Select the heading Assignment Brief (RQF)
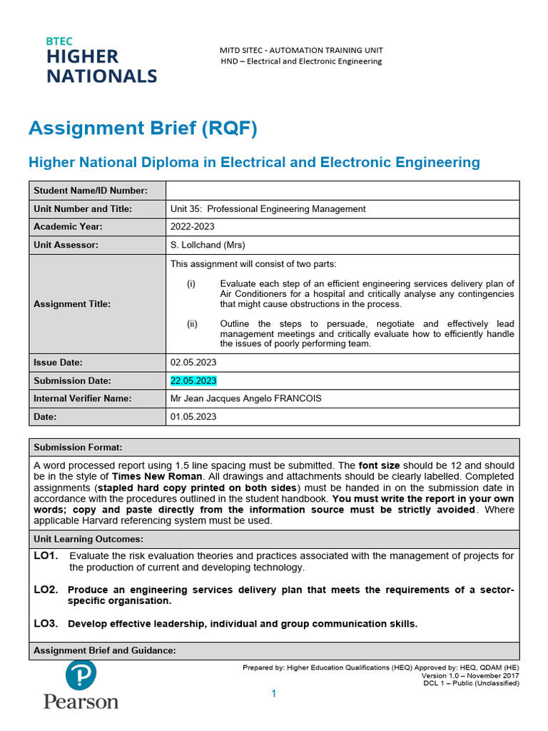pos(143,129)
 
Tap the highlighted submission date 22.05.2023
pos(193,380)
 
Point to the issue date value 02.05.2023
pos(193,363)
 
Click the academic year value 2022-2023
pos(193,227)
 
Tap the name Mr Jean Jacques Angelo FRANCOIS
pos(246,398)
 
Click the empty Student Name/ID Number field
pos(342,191)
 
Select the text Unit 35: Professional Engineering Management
pos(268,209)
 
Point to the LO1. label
pos(46,555)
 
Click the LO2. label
pos(46,589)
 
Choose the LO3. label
pos(46,623)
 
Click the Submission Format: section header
pos(78,448)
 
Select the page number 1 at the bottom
pos(273,694)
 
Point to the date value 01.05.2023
pos(193,416)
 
